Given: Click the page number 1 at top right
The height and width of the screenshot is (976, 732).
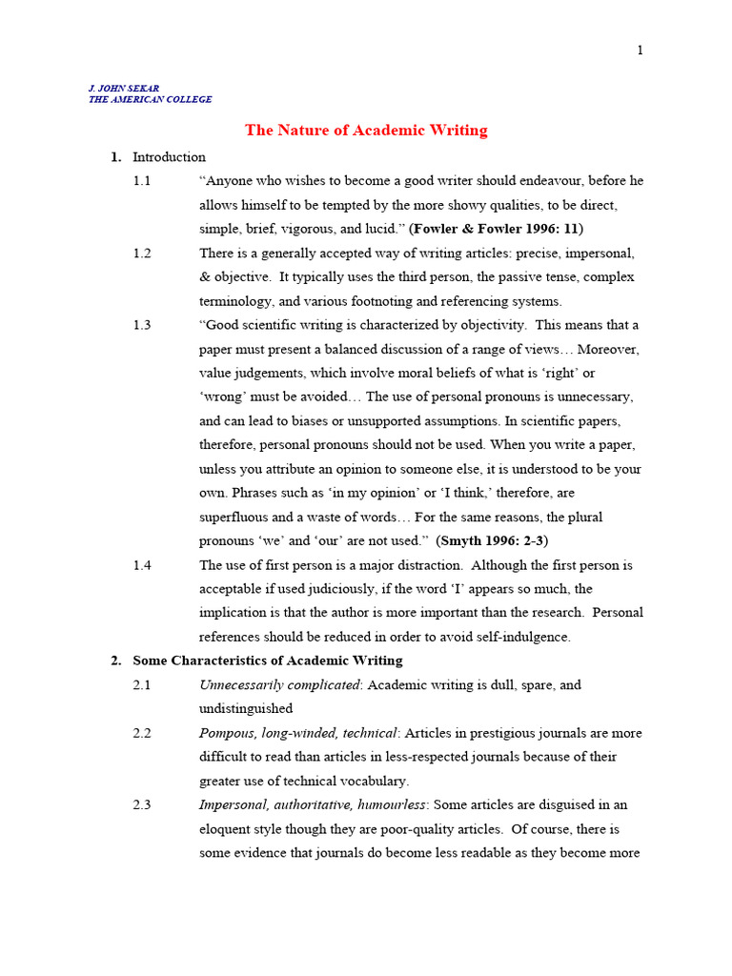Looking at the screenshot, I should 640,51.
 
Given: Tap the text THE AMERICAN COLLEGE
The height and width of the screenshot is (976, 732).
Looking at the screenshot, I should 151,99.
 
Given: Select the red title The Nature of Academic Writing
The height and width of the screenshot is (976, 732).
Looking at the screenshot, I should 366,131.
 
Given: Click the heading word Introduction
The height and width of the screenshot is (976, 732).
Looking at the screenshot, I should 169,157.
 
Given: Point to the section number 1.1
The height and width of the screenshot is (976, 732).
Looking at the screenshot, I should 142,181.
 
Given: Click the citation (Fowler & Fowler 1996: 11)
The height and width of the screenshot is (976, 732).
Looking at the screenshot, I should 497,229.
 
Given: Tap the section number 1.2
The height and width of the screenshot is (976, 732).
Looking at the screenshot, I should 142,254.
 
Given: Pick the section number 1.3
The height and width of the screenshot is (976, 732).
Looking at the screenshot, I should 142,325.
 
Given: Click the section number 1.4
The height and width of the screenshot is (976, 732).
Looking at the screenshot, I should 142,565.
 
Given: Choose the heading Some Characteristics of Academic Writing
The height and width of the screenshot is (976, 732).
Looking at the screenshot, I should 267,661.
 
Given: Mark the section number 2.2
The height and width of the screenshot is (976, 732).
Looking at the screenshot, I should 142,733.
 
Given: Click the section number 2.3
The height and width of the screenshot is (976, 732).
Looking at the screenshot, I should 142,805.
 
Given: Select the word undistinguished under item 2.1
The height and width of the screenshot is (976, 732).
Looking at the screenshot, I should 245,709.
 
